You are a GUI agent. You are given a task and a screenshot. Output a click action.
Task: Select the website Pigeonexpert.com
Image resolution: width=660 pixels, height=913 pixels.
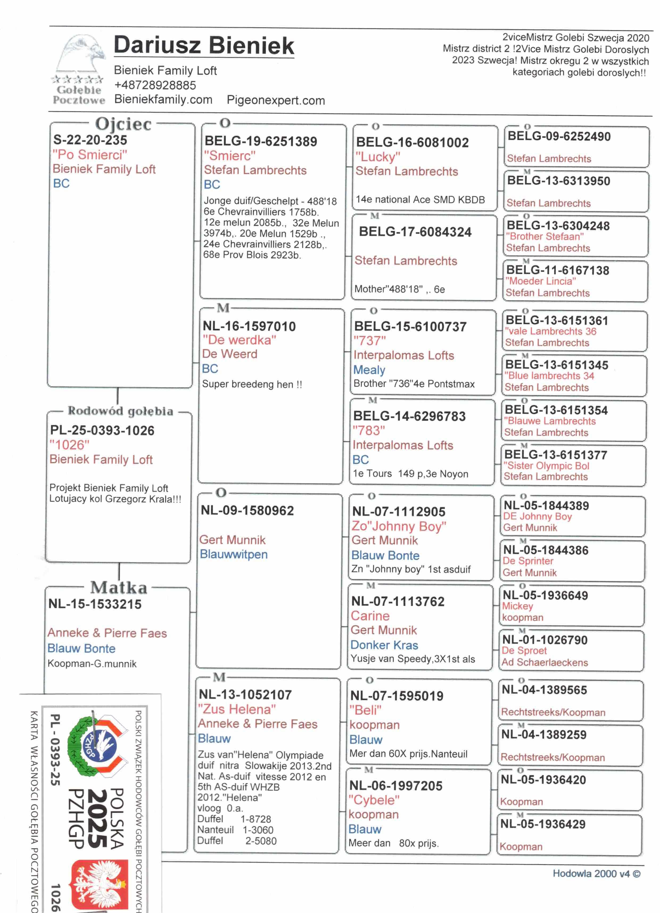pyautogui.click(x=276, y=100)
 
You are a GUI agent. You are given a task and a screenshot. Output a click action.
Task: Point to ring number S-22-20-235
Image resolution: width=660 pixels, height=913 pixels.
pyautogui.click(x=90, y=140)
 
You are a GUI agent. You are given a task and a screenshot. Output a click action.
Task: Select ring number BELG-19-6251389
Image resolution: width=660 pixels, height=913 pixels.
pyautogui.click(x=261, y=141)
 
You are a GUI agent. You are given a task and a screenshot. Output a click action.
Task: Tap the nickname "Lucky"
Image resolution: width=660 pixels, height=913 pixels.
pyautogui.click(x=378, y=157)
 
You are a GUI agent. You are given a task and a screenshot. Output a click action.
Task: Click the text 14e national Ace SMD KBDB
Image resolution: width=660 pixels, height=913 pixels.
pyautogui.click(x=420, y=200)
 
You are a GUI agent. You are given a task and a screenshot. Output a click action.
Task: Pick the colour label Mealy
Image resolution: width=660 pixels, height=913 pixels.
pyautogui.click(x=369, y=370)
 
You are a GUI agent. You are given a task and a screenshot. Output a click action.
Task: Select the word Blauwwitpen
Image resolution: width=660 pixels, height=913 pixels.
pyautogui.click(x=234, y=554)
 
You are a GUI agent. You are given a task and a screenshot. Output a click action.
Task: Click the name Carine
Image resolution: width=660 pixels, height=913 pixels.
pyautogui.click(x=370, y=616)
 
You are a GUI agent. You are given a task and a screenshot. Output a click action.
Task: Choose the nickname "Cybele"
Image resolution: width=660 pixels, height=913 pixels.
pyautogui.click(x=374, y=800)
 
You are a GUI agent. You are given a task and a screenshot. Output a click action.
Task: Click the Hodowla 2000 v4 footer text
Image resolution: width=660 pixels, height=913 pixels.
pyautogui.click(x=596, y=874)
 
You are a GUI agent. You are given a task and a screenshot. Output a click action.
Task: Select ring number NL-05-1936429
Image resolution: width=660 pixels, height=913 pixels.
pyautogui.click(x=542, y=824)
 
